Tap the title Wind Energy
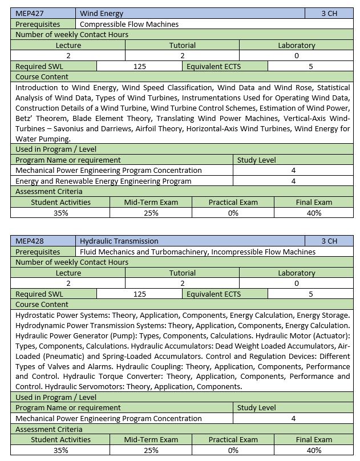[102, 13]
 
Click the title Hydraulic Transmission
[119, 241]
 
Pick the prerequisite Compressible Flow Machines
[129, 24]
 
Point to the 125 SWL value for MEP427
[140, 66]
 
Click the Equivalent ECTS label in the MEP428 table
[213, 294]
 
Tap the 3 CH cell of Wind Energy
[329, 13]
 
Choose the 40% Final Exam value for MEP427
[314, 213]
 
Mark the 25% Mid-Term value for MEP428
[151, 450]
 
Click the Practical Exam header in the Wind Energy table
[233, 202]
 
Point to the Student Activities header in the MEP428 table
[60, 439]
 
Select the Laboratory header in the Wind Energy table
[296, 45]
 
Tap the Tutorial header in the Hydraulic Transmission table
[182, 273]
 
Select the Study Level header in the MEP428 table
[256, 407]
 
